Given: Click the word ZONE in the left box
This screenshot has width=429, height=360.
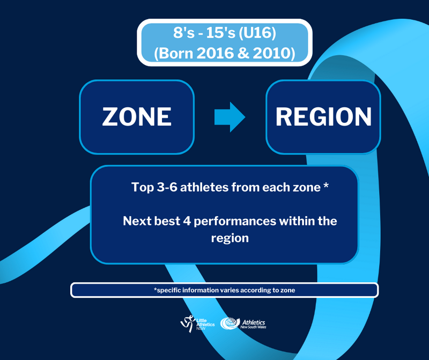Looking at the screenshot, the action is click(137, 116).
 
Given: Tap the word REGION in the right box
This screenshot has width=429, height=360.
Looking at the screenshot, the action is click(323, 116).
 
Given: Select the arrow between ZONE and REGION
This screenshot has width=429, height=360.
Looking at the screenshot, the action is click(230, 117).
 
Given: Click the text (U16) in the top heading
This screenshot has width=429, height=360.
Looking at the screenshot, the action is click(257, 33).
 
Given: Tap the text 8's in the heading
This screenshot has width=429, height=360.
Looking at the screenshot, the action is click(184, 33).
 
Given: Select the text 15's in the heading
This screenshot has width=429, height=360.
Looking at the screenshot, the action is click(220, 33).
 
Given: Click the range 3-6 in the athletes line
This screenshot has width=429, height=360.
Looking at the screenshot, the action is click(167, 187).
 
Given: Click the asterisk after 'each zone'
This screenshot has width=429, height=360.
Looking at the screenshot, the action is click(326, 185).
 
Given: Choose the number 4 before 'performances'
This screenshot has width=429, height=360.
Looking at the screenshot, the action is click(187, 221).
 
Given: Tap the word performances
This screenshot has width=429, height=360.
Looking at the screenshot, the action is click(235, 222).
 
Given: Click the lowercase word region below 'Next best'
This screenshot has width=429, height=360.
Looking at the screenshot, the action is click(230, 238).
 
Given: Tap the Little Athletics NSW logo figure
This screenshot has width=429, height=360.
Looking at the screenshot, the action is click(188, 324).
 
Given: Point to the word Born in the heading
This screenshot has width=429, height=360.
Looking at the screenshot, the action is click(176, 53).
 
